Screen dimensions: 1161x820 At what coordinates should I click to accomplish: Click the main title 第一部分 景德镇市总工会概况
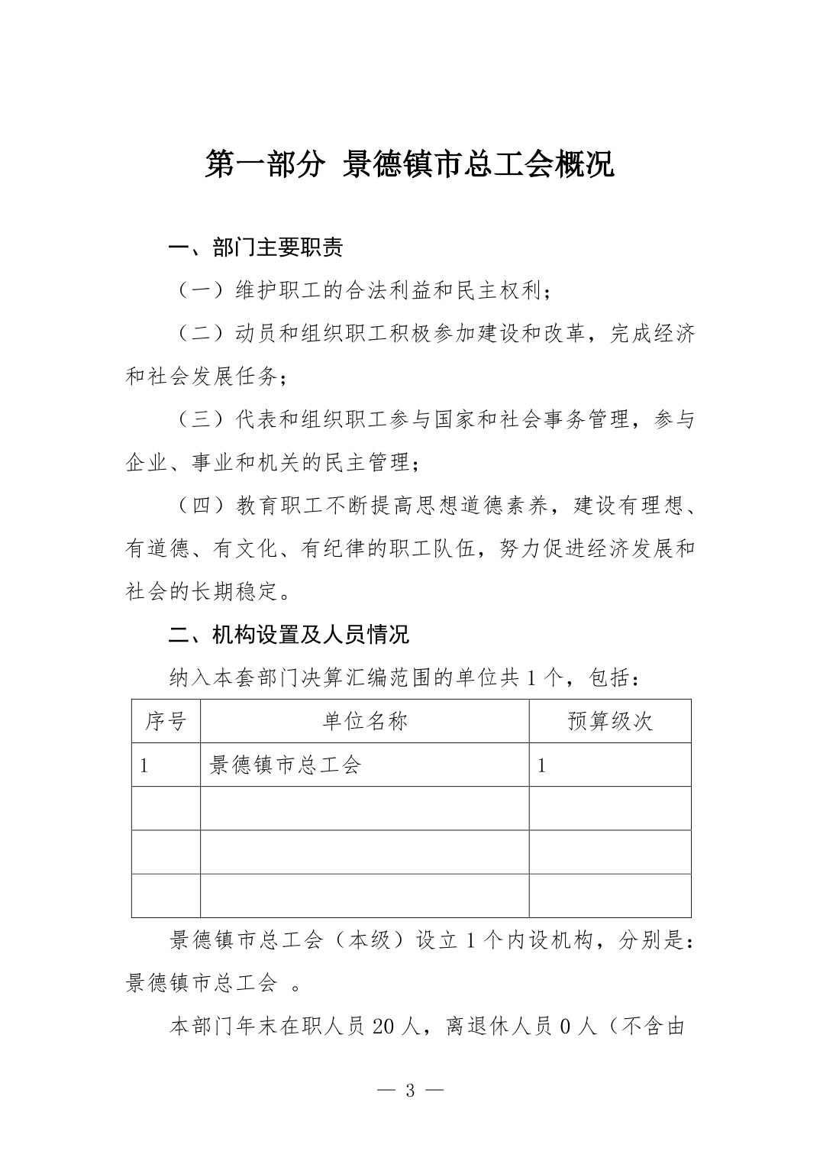409,165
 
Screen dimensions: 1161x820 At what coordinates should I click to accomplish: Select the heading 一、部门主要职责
256,247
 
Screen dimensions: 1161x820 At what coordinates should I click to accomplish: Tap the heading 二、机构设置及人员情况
289,634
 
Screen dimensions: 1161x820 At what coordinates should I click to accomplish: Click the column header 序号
166,721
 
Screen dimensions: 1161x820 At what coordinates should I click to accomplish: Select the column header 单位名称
364,721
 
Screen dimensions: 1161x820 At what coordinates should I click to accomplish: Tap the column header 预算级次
610,721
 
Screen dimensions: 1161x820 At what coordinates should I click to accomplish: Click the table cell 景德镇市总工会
285,765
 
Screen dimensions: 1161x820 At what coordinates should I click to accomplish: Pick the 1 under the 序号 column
144,765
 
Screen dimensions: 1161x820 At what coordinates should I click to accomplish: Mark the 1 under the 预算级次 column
541,765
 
